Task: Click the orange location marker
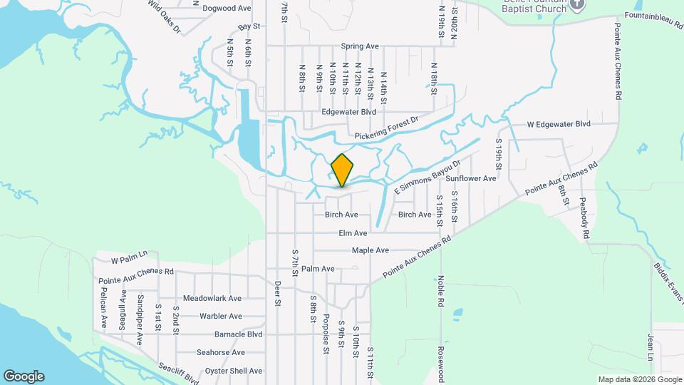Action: [343, 170]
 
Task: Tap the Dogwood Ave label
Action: [227, 9]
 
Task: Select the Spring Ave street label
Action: [360, 46]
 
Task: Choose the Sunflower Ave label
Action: [472, 178]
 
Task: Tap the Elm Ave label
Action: [353, 233]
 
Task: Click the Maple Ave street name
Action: [370, 250]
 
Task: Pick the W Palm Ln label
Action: [129, 253]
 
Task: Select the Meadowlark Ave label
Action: [212, 299]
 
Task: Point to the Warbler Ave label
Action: [221, 316]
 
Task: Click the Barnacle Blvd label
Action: [239, 334]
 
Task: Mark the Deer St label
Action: [278, 293]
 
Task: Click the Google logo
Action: [24, 376]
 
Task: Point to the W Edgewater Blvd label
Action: [559, 124]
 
